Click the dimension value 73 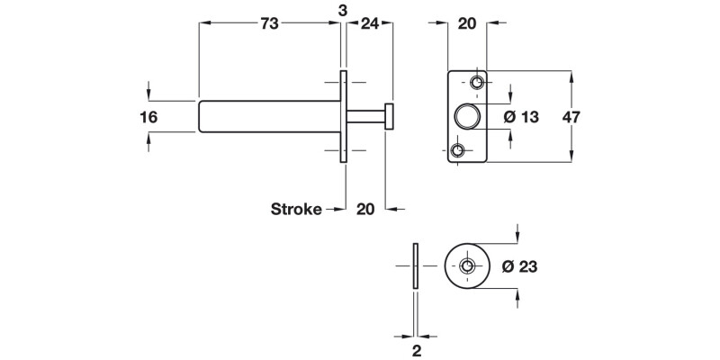point(269,25)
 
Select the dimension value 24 point(369,25)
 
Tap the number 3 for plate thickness point(343,9)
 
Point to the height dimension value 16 point(149,117)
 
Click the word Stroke point(296,210)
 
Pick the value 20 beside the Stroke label point(365,210)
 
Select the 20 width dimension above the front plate point(467,25)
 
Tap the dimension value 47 point(593,117)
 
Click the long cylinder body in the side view point(268,117)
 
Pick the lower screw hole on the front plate point(459,149)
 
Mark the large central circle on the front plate point(467,116)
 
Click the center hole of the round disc point(467,266)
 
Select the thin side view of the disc point(414,266)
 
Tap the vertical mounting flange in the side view point(343,117)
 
